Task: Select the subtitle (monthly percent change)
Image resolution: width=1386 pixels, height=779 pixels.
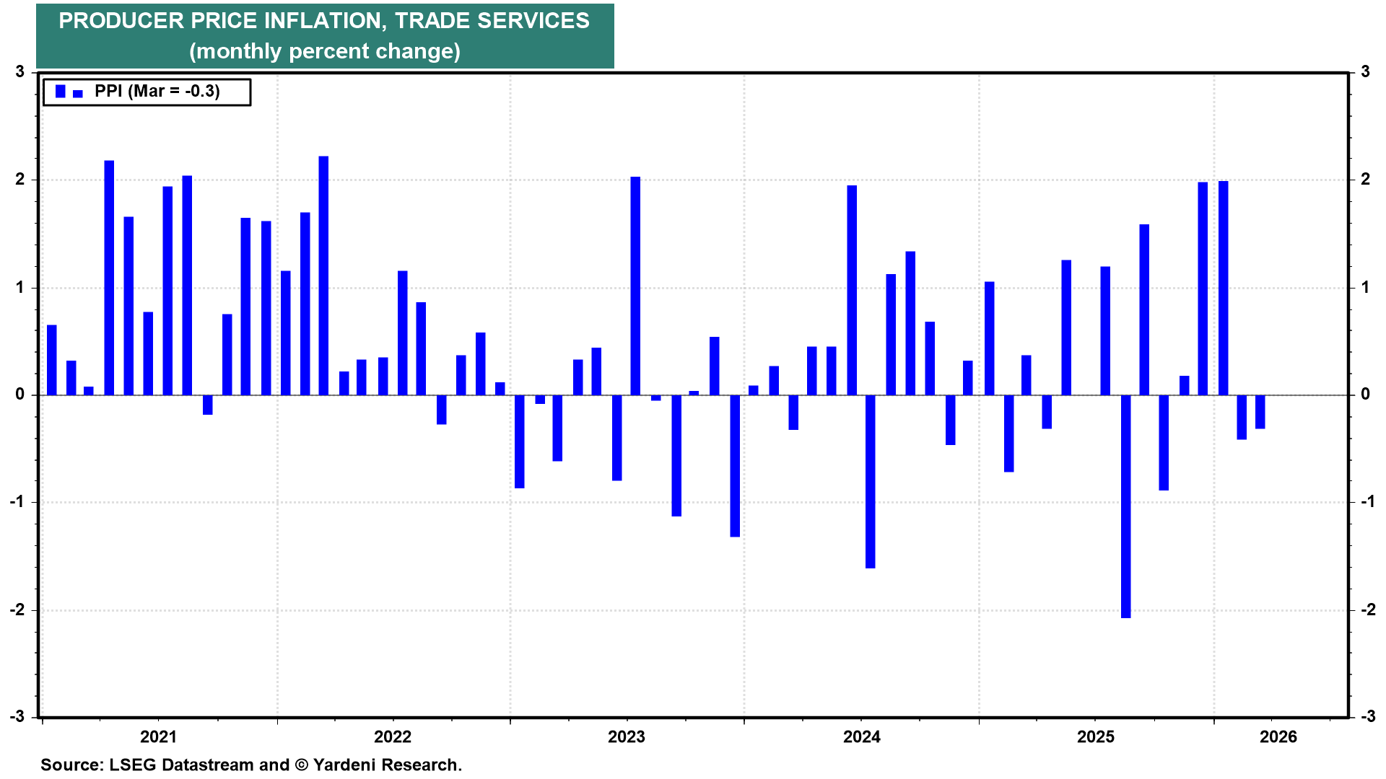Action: [325, 51]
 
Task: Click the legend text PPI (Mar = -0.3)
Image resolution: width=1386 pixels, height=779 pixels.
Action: [157, 92]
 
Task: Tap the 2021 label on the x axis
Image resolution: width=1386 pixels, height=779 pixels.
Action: [158, 736]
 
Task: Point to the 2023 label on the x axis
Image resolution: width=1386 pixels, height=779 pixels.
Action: [627, 736]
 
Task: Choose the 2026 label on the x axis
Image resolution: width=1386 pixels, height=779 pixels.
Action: [1278, 736]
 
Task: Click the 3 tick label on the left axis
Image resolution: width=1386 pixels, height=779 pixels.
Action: [20, 72]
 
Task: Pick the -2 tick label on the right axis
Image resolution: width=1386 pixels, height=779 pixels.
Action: [1367, 610]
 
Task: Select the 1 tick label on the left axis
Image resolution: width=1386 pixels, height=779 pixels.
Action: [20, 288]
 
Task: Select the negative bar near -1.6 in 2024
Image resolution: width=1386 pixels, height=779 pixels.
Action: [871, 481]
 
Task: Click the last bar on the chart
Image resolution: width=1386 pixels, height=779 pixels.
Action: [1260, 412]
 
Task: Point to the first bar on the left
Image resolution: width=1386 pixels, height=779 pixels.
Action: [52, 360]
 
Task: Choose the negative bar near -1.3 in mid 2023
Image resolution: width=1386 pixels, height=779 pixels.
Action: [735, 465]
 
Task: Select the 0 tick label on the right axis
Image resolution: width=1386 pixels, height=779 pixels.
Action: [1365, 395]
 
